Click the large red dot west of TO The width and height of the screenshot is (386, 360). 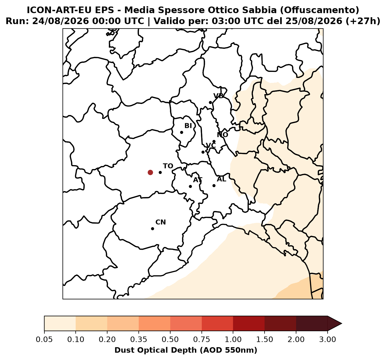tap(150, 172)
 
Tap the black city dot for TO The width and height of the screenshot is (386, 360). tap(160, 172)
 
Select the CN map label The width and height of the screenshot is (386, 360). tap(161, 222)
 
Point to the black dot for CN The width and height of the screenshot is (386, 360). tap(153, 229)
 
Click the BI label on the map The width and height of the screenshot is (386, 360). tap(188, 126)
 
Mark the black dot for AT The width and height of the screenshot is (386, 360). tap(191, 186)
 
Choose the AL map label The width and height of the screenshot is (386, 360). tap(222, 179)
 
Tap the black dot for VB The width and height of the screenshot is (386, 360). tap(210, 103)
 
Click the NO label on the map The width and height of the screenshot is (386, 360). tap(223, 135)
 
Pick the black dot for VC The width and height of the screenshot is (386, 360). tap(203, 152)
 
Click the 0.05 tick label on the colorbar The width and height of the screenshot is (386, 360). tap(44, 340)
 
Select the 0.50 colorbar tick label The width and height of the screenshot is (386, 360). tap(170, 340)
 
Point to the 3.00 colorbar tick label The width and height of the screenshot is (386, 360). tap(328, 340)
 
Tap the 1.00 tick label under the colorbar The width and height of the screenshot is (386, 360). tap(233, 340)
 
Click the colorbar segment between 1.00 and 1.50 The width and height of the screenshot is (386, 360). tap(249, 324)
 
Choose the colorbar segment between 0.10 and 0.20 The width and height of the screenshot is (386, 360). tap(91, 324)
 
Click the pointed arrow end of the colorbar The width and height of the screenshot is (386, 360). tap(342, 324)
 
